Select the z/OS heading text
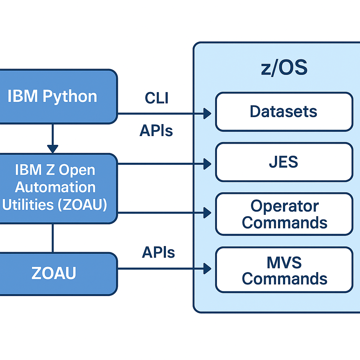coord(284,68)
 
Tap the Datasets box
coord(284,112)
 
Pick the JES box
coord(284,162)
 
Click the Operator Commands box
coord(284,214)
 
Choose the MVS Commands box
coord(284,270)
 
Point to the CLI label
coord(156,98)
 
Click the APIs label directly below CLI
coord(156,131)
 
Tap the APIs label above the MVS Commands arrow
coord(158,252)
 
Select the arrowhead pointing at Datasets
coord(207,114)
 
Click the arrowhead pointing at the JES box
coord(207,163)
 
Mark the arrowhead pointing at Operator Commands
coord(207,212)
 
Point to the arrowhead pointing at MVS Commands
coord(207,269)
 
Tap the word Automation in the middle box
coord(55,187)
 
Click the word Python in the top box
coord(70,97)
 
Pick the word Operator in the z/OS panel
coord(284,206)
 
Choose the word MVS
coord(284,262)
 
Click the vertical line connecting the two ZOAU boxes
coord(53,238)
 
